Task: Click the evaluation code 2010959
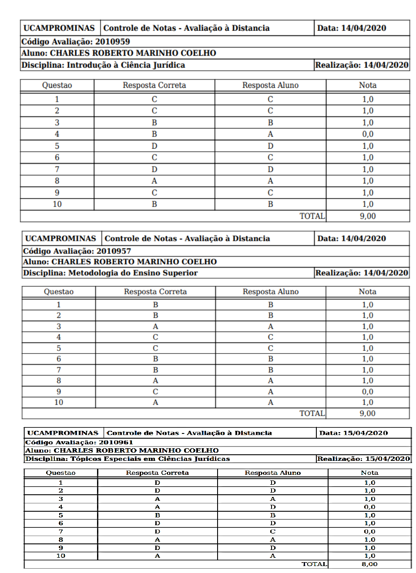112,42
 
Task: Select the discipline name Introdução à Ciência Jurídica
126,65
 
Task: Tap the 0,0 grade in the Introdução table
368,134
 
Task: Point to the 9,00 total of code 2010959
368,216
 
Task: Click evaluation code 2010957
114,251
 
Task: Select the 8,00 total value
369,564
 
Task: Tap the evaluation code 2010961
116,442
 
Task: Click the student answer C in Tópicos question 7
273,532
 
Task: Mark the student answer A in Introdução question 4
270,134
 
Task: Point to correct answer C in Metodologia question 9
155,392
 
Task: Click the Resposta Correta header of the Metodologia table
155,292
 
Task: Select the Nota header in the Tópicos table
369,473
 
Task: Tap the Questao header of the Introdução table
57,85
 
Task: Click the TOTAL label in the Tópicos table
314,564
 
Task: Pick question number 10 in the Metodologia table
59,403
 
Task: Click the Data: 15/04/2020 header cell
353,433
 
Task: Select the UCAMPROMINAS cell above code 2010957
60,239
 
